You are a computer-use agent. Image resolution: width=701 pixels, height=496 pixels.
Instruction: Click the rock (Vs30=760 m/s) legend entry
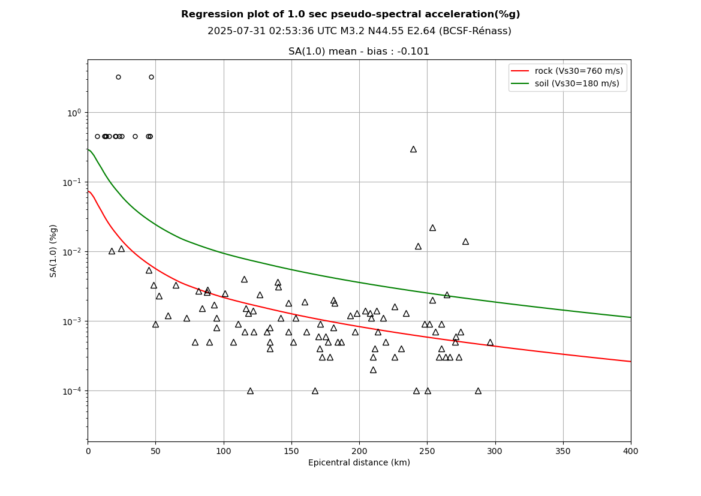pos(578,71)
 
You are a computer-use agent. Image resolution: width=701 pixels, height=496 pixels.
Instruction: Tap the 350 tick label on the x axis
pos(563,451)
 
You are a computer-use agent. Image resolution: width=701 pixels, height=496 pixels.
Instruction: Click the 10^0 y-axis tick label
pos(74,113)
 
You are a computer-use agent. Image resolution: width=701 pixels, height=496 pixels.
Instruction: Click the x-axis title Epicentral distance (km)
pos(359,463)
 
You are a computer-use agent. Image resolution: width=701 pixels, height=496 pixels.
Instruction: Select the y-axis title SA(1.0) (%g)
pos(54,251)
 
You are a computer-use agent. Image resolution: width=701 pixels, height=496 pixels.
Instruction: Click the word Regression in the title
pos(212,14)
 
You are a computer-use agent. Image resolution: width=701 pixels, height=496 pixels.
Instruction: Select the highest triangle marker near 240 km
pos(413,149)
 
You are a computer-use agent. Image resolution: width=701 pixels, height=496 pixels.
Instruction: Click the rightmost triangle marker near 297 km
pos(490,342)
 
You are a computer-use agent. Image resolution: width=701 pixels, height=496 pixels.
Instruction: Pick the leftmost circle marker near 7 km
pos(97,136)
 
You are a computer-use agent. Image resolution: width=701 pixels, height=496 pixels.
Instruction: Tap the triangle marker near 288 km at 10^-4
pos(478,391)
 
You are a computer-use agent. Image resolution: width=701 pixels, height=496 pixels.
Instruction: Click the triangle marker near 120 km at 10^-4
pos(250,391)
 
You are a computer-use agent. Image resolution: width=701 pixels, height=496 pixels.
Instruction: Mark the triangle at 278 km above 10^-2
pos(465,242)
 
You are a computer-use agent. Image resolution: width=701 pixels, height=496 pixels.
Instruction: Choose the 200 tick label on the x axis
pos(359,451)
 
